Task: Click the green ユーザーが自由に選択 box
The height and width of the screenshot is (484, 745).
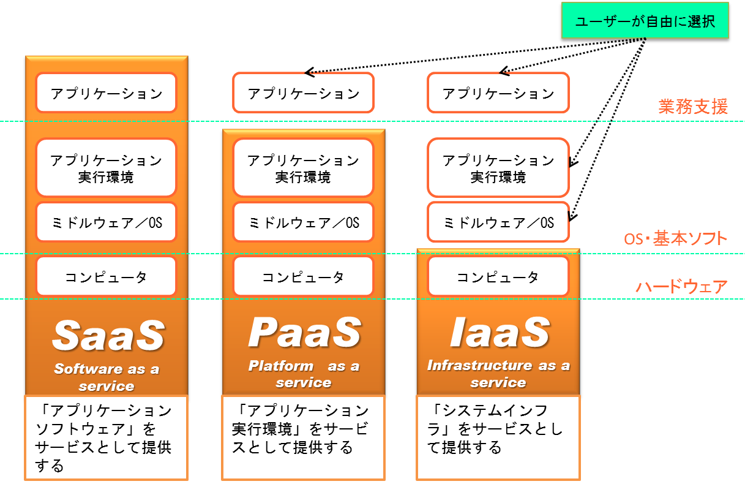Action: tap(645, 22)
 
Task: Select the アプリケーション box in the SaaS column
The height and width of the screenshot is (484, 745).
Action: tap(106, 93)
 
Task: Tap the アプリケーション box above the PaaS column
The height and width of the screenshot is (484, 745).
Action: tap(303, 93)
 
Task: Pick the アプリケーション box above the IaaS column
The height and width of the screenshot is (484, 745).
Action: tap(498, 93)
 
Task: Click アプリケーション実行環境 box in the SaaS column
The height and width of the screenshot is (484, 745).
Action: tap(106, 168)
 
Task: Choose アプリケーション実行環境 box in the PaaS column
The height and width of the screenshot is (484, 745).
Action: tap(303, 168)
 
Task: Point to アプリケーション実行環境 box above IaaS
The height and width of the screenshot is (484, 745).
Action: tap(498, 168)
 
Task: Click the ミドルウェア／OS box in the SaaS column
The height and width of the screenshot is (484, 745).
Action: tap(106, 222)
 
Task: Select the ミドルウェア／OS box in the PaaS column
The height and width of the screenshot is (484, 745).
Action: tap(303, 222)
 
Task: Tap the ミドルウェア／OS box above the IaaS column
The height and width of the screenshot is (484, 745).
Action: tap(498, 222)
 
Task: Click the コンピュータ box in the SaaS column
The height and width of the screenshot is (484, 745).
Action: tap(106, 276)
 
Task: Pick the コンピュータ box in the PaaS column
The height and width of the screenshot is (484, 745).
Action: tap(303, 276)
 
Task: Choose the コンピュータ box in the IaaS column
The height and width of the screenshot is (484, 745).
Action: tap(498, 276)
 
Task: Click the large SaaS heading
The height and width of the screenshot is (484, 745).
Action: tap(108, 335)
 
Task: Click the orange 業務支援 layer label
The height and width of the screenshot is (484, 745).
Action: tap(693, 107)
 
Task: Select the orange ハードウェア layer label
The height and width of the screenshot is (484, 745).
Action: tap(681, 286)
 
